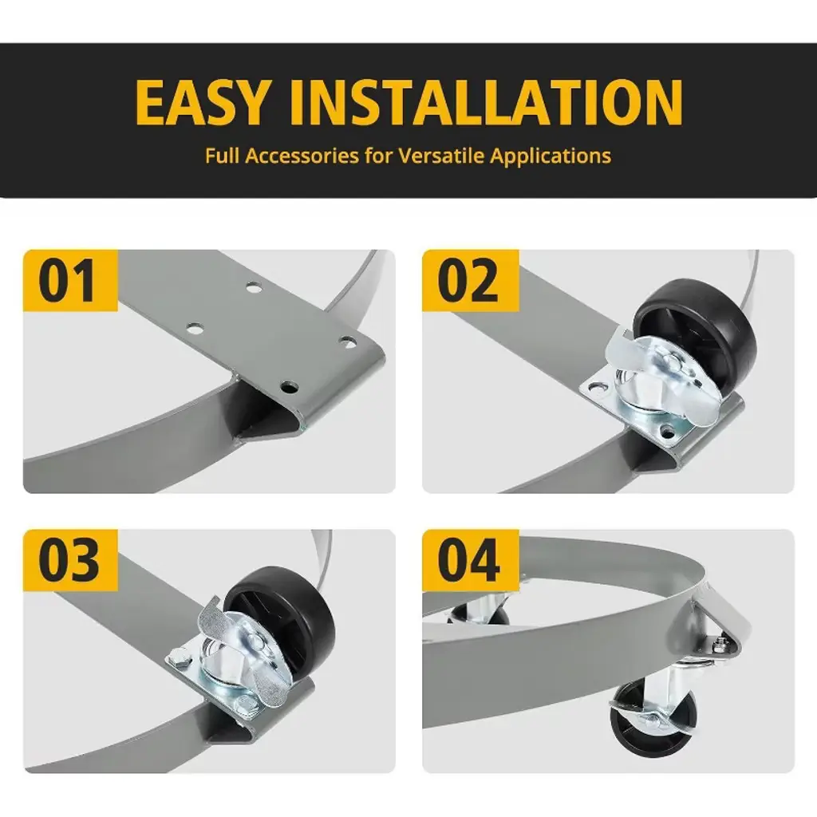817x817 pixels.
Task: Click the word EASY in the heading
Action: (203, 102)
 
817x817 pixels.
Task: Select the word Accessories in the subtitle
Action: (302, 156)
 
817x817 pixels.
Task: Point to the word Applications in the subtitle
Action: (551, 156)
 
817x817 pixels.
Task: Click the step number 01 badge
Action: (70, 280)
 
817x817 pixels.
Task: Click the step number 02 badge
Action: (469, 280)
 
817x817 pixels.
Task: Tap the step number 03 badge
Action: (70, 560)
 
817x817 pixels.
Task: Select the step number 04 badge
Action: (469, 560)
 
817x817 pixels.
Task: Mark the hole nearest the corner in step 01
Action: (289, 387)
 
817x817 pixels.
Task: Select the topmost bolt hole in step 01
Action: (255, 287)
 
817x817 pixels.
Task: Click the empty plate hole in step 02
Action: (597, 389)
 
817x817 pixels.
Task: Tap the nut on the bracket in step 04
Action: (720, 645)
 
